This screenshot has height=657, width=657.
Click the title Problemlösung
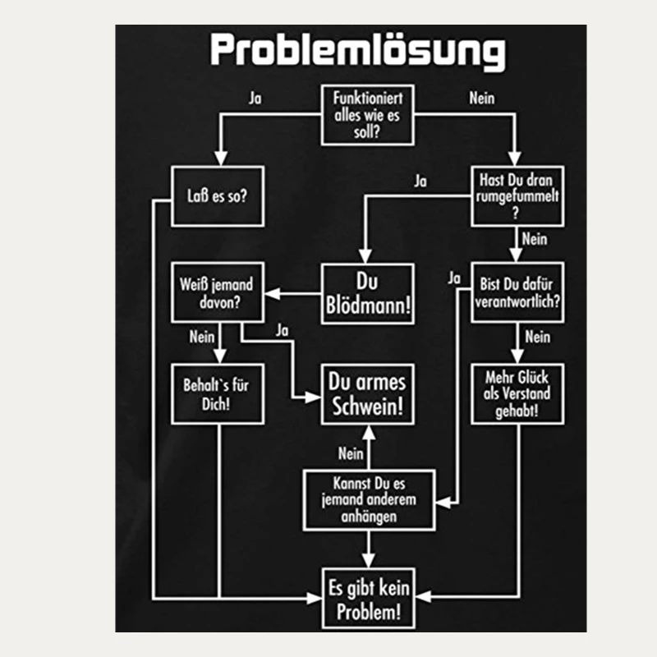357,51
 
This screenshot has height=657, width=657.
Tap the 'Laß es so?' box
218,196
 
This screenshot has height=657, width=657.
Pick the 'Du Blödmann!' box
368,293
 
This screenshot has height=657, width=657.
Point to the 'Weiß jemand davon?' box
217,293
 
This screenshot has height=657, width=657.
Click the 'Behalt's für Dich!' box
217,394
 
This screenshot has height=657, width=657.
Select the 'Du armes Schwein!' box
367,393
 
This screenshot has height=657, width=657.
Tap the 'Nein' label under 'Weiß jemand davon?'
201,337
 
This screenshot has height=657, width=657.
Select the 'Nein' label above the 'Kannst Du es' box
351,453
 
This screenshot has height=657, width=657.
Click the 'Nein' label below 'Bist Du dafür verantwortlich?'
537,337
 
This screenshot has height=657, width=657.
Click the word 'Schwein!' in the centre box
367,405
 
